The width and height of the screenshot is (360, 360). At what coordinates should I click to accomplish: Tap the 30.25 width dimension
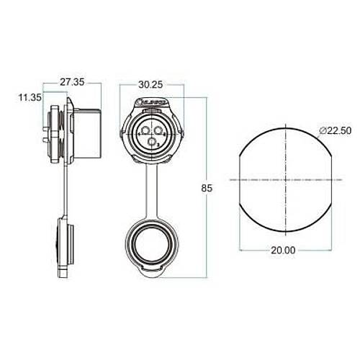pos(150,84)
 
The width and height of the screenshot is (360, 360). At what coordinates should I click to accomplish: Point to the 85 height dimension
pos(207,188)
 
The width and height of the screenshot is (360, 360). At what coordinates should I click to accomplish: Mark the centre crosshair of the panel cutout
pos(286,178)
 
